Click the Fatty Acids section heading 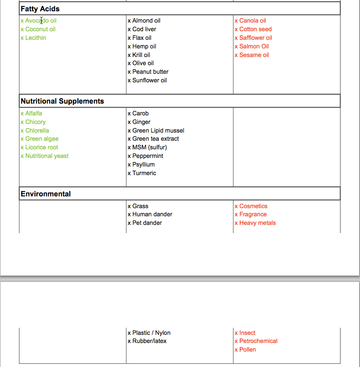(40, 9)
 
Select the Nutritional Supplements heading (62, 101)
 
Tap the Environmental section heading (46, 194)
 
